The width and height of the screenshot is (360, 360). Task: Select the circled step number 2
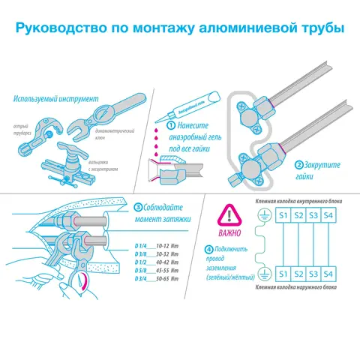pyautogui.click(x=298, y=164)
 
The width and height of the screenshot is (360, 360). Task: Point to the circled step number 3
pyautogui.click(x=139, y=207)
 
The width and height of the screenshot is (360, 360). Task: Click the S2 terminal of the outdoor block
pyautogui.click(x=298, y=273)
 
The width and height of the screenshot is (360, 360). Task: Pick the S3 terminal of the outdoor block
pyautogui.click(x=315, y=273)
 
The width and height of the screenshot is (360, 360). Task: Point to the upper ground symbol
pyautogui.click(x=263, y=217)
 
